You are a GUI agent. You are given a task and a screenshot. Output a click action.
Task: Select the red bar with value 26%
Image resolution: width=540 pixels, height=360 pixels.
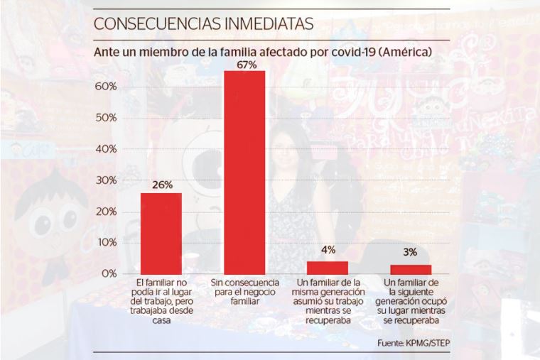[x=161, y=233]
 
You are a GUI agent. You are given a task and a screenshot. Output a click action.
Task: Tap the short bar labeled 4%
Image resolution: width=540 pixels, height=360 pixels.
[x=328, y=267]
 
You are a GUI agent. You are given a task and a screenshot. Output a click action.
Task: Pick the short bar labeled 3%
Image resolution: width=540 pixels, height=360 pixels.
[x=410, y=268]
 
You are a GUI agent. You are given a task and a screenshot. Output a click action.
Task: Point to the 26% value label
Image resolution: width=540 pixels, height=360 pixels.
[x=162, y=185]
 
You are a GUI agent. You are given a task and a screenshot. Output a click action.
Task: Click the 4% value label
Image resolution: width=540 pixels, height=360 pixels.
[x=328, y=250]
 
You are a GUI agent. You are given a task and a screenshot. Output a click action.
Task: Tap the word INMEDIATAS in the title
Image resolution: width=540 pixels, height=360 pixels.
[x=271, y=23]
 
